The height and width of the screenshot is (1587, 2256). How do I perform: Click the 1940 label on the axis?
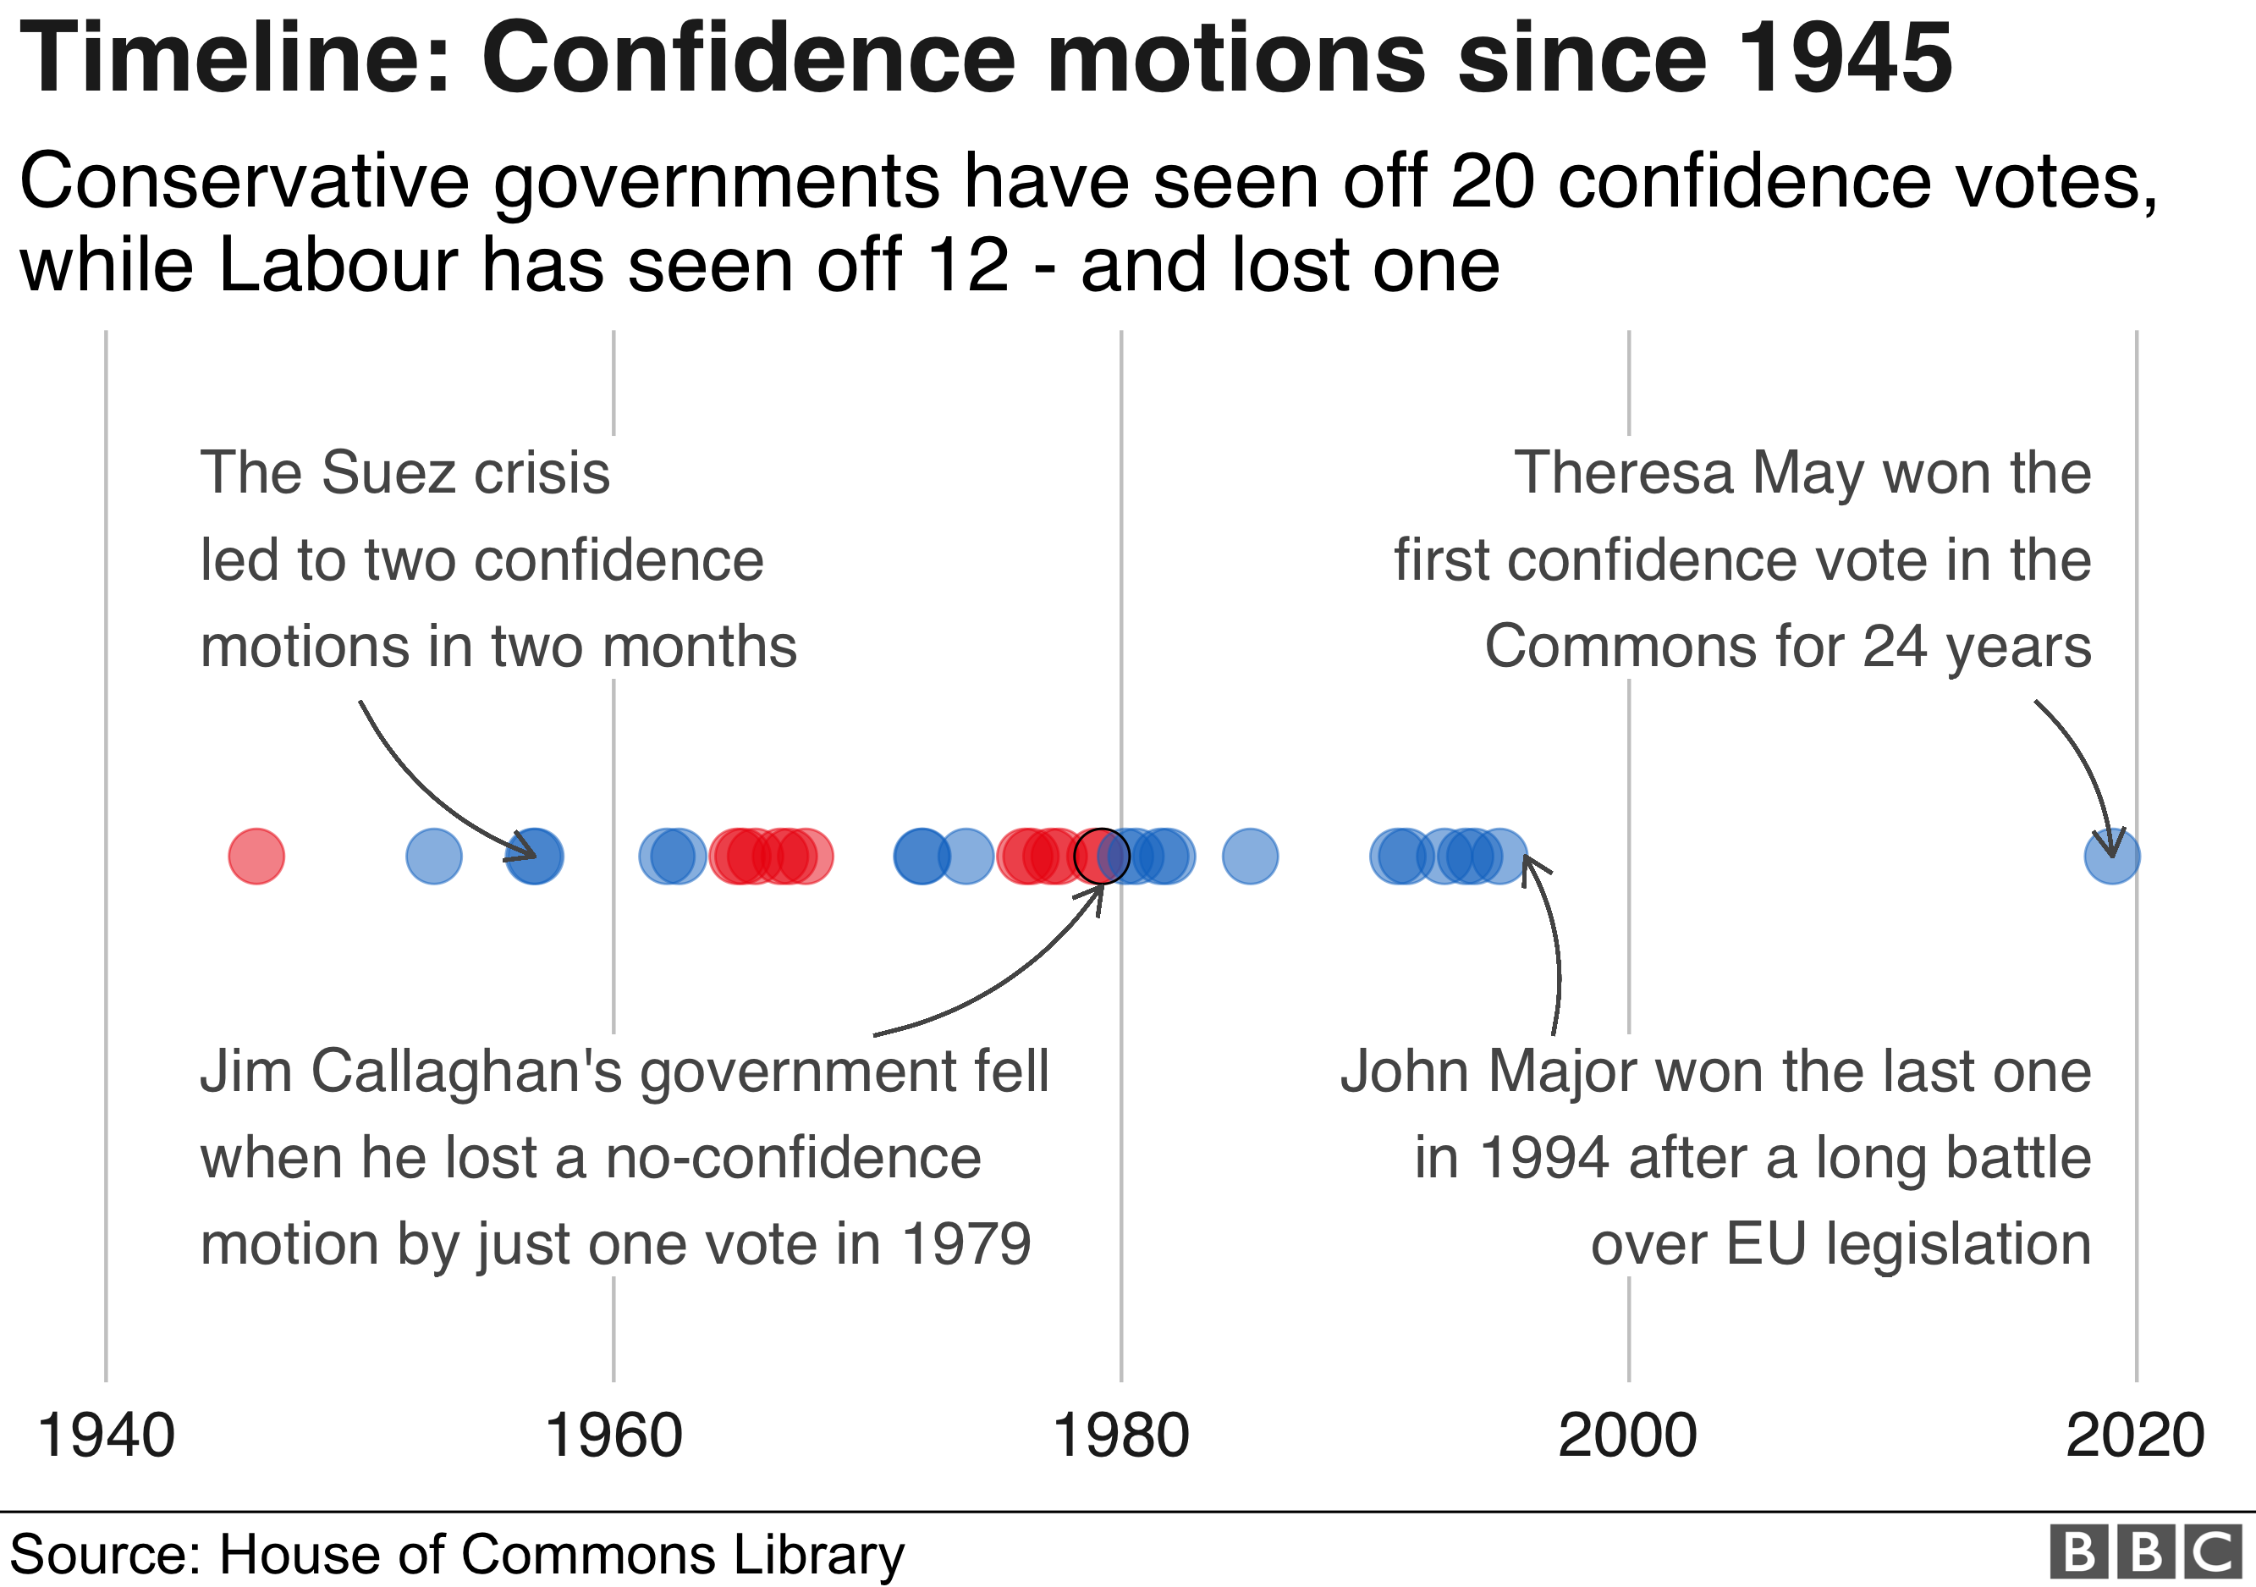point(106,1435)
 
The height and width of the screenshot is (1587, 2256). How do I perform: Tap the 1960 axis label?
point(614,1435)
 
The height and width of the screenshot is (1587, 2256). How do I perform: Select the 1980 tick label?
point(1120,1435)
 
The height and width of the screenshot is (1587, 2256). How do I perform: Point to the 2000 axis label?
point(1628,1435)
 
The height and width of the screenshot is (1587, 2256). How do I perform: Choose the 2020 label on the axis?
point(2135,1435)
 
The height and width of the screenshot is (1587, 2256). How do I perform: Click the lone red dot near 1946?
point(256,856)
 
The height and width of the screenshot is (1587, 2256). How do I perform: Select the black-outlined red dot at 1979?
point(1102,856)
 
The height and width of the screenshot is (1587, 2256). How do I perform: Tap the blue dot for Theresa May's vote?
point(2111,856)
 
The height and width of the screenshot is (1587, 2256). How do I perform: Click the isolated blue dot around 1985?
point(1250,856)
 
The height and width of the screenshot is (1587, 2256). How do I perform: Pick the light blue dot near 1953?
point(433,856)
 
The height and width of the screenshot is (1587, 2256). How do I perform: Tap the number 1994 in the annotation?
point(1544,1158)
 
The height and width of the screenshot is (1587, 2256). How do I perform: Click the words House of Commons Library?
point(560,1555)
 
